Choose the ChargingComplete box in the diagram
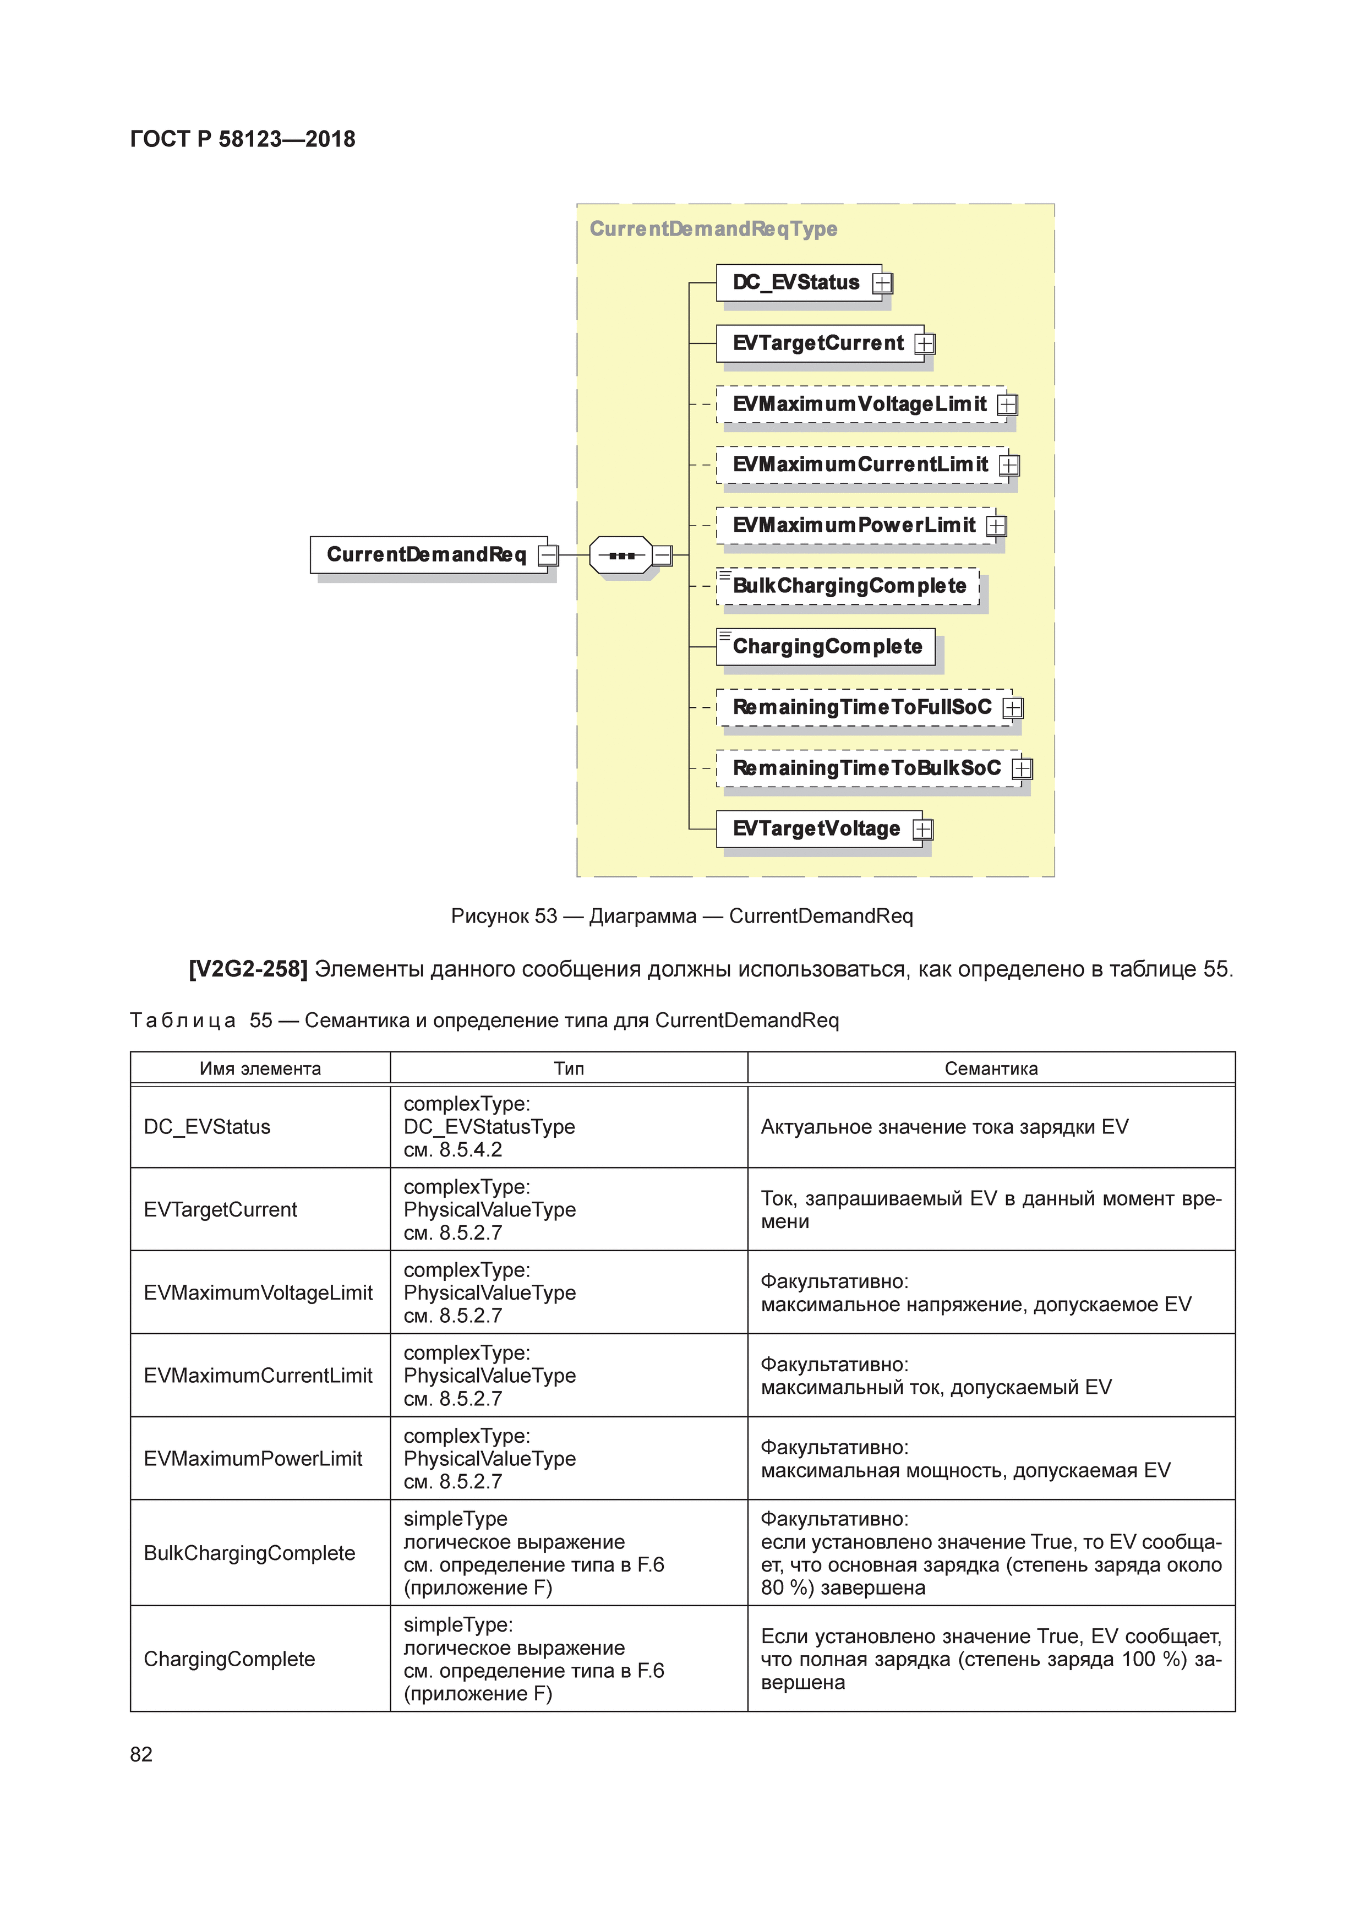tap(826, 647)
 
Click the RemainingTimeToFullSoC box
tap(861, 707)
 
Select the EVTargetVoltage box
tap(815, 829)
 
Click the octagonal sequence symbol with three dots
tap(621, 555)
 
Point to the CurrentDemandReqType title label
tap(713, 229)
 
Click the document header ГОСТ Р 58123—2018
tap(242, 140)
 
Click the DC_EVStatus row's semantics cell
tap(944, 1127)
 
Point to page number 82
tap(141, 1754)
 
